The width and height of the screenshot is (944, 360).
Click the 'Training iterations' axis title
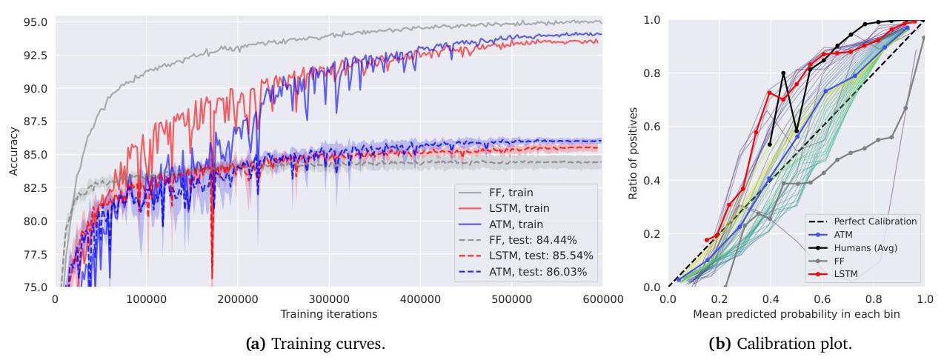328,314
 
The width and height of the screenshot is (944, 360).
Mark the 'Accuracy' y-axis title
13,154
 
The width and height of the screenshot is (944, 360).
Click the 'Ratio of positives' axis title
633,154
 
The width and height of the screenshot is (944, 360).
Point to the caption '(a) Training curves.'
328,344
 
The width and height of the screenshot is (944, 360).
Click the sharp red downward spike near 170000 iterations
213,278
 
